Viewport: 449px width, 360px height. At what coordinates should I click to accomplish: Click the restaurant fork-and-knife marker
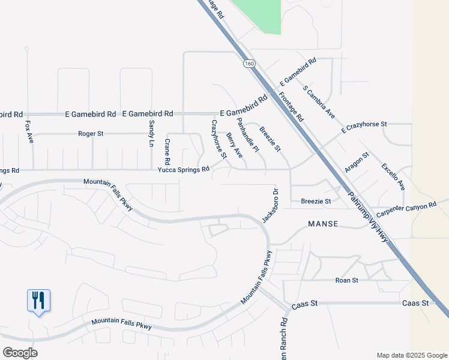(38, 300)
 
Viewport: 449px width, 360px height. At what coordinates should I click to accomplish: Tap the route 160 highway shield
(248, 63)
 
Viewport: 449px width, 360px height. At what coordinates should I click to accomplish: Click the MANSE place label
(323, 224)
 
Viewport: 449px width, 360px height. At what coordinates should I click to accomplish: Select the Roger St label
(91, 133)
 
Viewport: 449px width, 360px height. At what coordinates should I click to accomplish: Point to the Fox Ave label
(29, 131)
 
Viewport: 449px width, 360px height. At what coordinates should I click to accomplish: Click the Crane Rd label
(167, 152)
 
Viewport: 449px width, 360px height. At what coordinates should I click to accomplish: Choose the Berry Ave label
(234, 146)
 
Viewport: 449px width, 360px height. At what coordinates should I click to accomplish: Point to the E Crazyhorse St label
(364, 127)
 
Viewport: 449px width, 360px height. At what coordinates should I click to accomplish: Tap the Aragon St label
(357, 163)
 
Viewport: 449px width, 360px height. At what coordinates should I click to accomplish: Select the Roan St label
(347, 280)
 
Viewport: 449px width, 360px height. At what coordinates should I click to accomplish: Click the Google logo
(20, 353)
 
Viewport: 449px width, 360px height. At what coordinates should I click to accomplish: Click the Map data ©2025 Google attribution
(411, 355)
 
